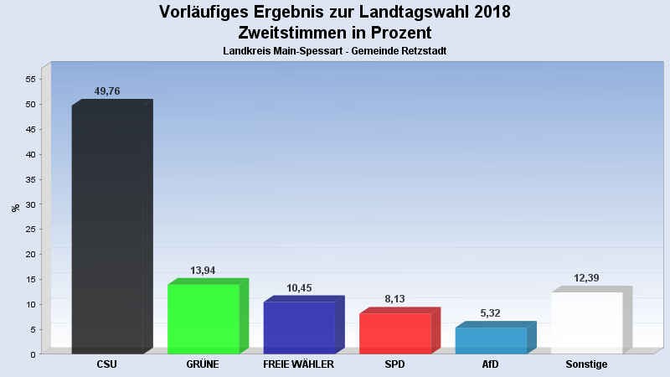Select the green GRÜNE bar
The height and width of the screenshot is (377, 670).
click(204, 319)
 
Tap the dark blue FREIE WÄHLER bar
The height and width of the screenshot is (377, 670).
click(299, 328)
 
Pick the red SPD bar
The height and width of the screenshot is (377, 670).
click(394, 333)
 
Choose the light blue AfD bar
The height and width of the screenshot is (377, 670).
click(491, 340)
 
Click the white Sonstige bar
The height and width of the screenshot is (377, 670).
click(586, 323)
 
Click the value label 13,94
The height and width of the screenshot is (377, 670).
click(204, 271)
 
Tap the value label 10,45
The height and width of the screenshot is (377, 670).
click(299, 288)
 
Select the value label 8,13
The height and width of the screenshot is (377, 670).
click(394, 300)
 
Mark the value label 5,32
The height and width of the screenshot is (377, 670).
click(491, 313)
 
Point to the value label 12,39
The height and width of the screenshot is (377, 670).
click(586, 278)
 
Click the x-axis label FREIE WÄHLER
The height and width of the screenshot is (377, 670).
click(299, 365)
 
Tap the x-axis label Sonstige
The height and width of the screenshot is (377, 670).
click(586, 365)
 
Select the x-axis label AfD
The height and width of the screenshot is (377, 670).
click(491, 365)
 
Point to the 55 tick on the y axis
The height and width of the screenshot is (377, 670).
click(30, 80)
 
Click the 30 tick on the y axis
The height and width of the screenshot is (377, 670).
click(30, 204)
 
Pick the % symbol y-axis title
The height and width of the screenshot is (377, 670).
click(15, 208)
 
